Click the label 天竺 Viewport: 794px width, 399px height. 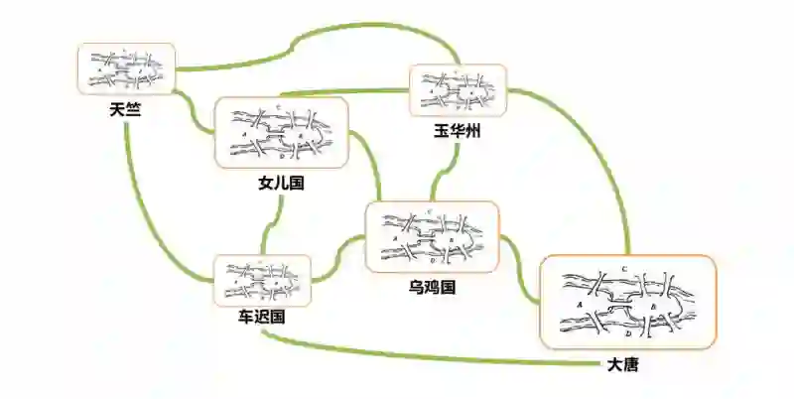126,109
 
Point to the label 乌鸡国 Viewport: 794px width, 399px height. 432,288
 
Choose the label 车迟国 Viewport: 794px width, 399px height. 262,318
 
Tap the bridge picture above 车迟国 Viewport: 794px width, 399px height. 262,281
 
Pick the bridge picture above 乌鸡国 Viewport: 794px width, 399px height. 432,237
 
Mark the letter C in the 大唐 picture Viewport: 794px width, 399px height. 622,270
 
